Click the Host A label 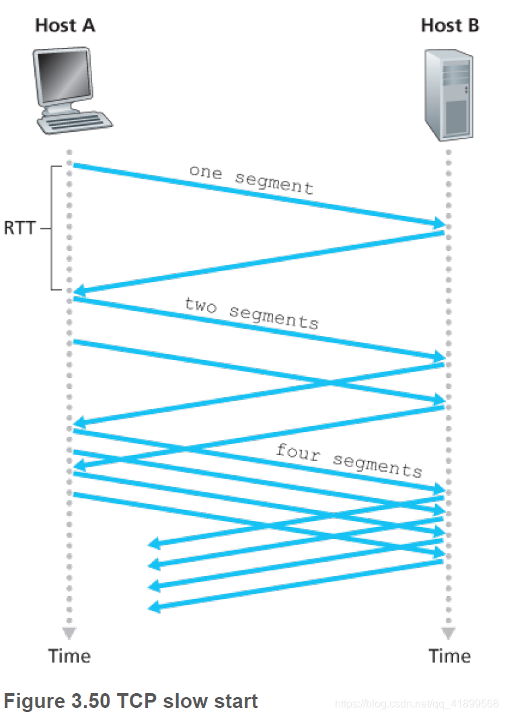[x=65, y=26]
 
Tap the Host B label [x=450, y=26]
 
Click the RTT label [x=19, y=228]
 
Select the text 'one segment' [x=251, y=178]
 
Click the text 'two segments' [x=251, y=312]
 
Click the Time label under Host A [x=69, y=655]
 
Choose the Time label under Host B [x=450, y=655]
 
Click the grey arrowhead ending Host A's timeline [x=69, y=633]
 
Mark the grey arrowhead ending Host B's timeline [x=449, y=633]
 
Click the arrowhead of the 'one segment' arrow [x=438, y=223]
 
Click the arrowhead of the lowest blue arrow [x=153, y=607]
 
